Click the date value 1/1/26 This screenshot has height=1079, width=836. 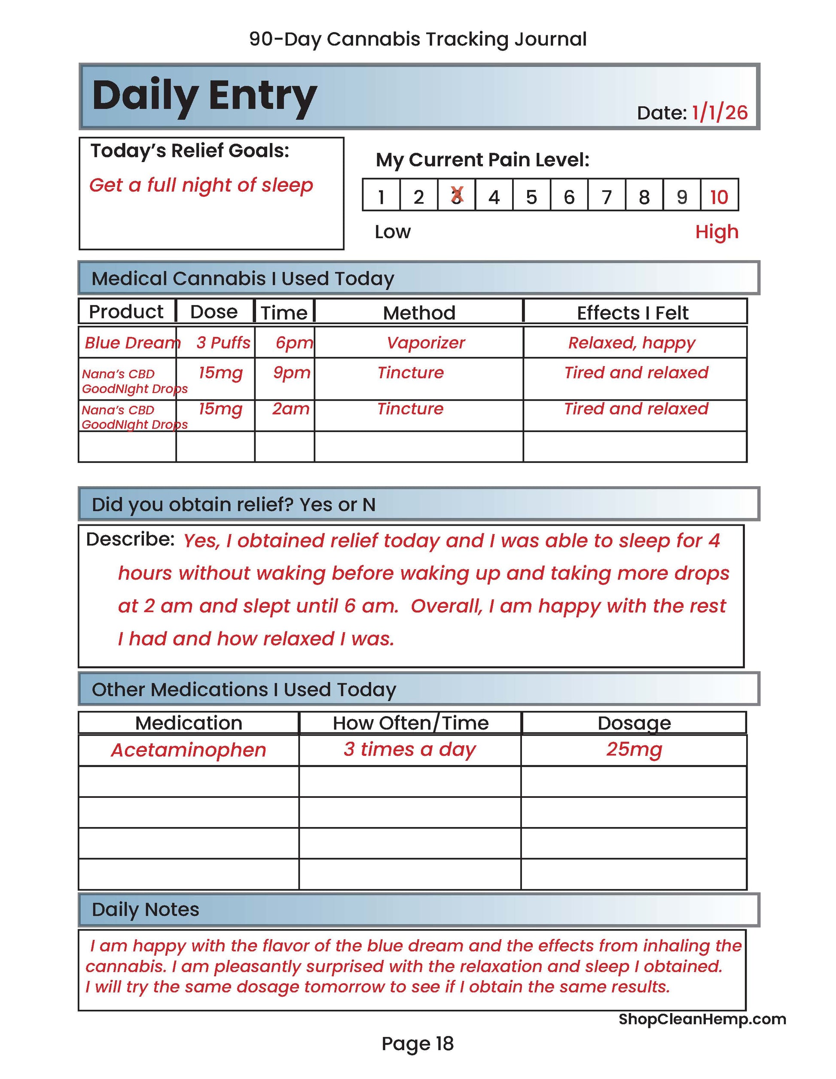pyautogui.click(x=720, y=113)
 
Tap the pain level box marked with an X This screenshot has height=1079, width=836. pyautogui.click(x=457, y=196)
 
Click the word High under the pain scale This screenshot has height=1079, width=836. pyautogui.click(x=717, y=232)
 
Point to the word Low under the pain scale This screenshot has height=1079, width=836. pyautogui.click(x=393, y=232)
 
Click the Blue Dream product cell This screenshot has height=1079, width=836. pyautogui.click(x=131, y=342)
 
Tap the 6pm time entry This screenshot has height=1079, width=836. pyautogui.click(x=294, y=342)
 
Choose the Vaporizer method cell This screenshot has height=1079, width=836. pyautogui.click(x=426, y=342)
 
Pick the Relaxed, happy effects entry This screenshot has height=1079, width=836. pyautogui.click(x=632, y=342)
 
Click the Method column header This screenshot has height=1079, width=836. pyautogui.click(x=419, y=313)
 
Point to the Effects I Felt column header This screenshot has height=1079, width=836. pyautogui.click(x=632, y=313)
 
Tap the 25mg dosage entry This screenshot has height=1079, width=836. pyautogui.click(x=634, y=749)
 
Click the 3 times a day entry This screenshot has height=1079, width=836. pyautogui.click(x=410, y=749)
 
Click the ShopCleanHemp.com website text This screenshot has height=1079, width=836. pyautogui.click(x=702, y=1019)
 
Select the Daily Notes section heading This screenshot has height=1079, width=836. pyautogui.click(x=146, y=910)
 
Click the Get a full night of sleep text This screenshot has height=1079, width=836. pyautogui.click(x=201, y=185)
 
